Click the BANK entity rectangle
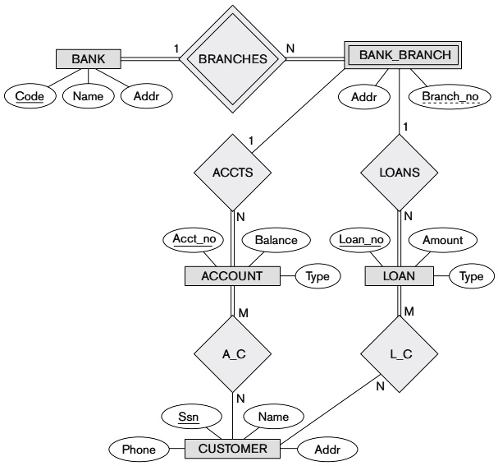(x=89, y=58)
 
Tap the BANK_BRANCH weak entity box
(x=400, y=57)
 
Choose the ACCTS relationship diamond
(x=233, y=173)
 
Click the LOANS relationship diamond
(x=402, y=173)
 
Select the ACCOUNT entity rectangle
(x=233, y=276)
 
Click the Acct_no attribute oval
(x=194, y=239)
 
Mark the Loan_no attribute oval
(x=362, y=240)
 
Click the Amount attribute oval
(x=443, y=240)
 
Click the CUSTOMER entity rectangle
(x=233, y=449)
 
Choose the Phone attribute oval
(x=138, y=450)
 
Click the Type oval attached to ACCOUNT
(x=318, y=276)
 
